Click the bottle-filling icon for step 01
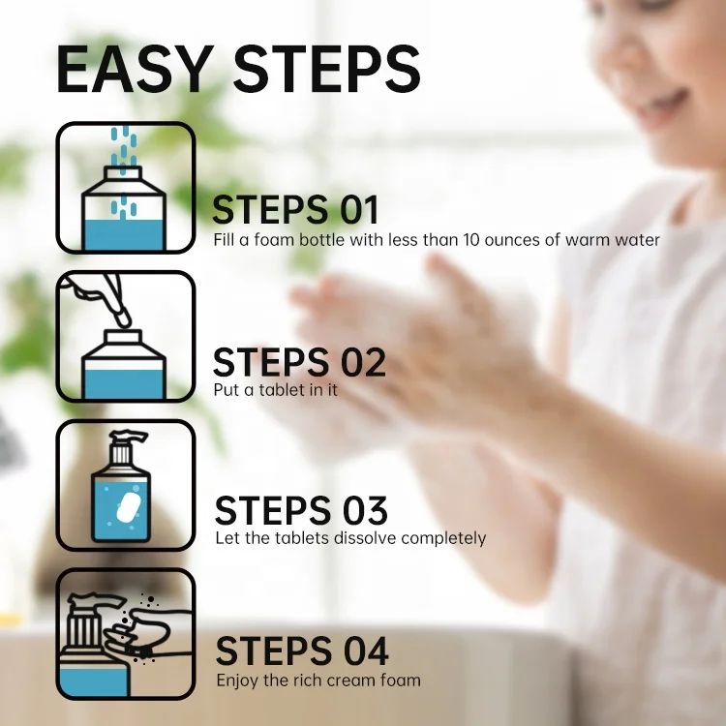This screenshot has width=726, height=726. pos(126,188)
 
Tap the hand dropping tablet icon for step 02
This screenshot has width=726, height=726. pos(126,337)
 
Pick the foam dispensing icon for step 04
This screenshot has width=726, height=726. pos(126,634)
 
